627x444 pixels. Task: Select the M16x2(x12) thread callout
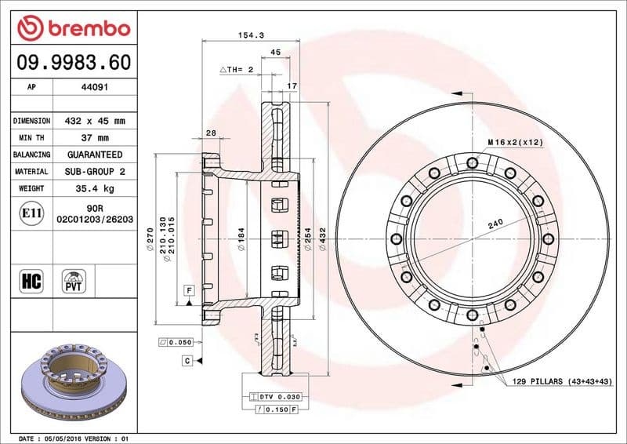click(x=516, y=141)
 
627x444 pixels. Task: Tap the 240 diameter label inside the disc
click(x=495, y=224)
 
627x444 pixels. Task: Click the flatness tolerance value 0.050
click(x=176, y=343)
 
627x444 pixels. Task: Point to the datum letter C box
click(x=188, y=360)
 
